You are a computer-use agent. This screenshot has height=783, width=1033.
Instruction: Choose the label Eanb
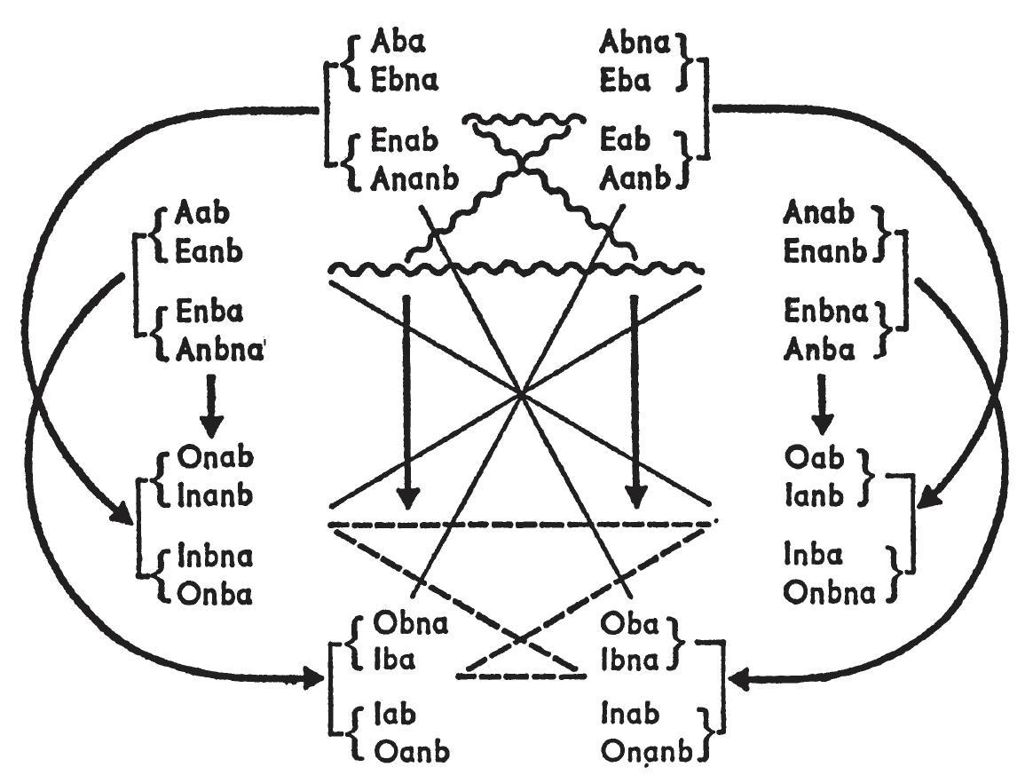click(210, 251)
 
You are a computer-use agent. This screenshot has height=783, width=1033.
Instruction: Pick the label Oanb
click(403, 752)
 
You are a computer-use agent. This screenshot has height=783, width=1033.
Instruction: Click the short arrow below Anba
click(821, 404)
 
